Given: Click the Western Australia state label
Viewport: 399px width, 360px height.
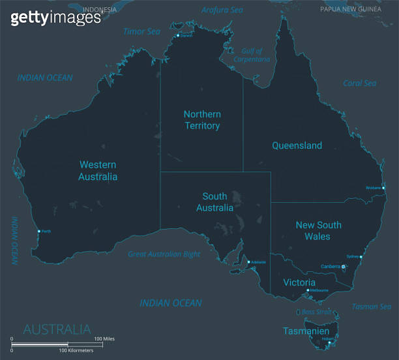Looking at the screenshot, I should point(98,171).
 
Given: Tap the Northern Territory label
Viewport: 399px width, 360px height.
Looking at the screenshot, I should point(201,120).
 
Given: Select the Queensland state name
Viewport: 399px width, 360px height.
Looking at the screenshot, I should point(297,145).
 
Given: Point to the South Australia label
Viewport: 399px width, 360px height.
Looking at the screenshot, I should point(214,202).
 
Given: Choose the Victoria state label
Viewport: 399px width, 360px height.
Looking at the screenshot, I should point(299,282).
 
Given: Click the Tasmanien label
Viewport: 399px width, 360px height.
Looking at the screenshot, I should point(306,331).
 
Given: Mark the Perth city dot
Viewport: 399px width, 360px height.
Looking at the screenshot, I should point(39,231).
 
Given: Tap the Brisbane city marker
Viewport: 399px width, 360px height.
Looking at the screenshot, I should point(383,188).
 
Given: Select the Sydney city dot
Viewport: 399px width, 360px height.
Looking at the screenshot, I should point(361,257).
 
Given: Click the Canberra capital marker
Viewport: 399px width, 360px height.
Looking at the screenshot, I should point(344,267).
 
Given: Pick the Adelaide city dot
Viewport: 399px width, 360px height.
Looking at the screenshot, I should point(248,262).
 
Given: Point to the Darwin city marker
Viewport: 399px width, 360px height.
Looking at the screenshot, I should point(178,35).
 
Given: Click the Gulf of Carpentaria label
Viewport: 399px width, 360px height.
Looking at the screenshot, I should point(252,55).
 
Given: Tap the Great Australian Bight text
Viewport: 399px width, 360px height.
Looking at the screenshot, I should point(164,254).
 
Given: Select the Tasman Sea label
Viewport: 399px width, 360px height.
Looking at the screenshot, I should point(372,306).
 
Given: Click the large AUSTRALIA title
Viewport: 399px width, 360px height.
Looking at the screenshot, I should point(57,329).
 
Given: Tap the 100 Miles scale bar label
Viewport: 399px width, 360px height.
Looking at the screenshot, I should point(104,338).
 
